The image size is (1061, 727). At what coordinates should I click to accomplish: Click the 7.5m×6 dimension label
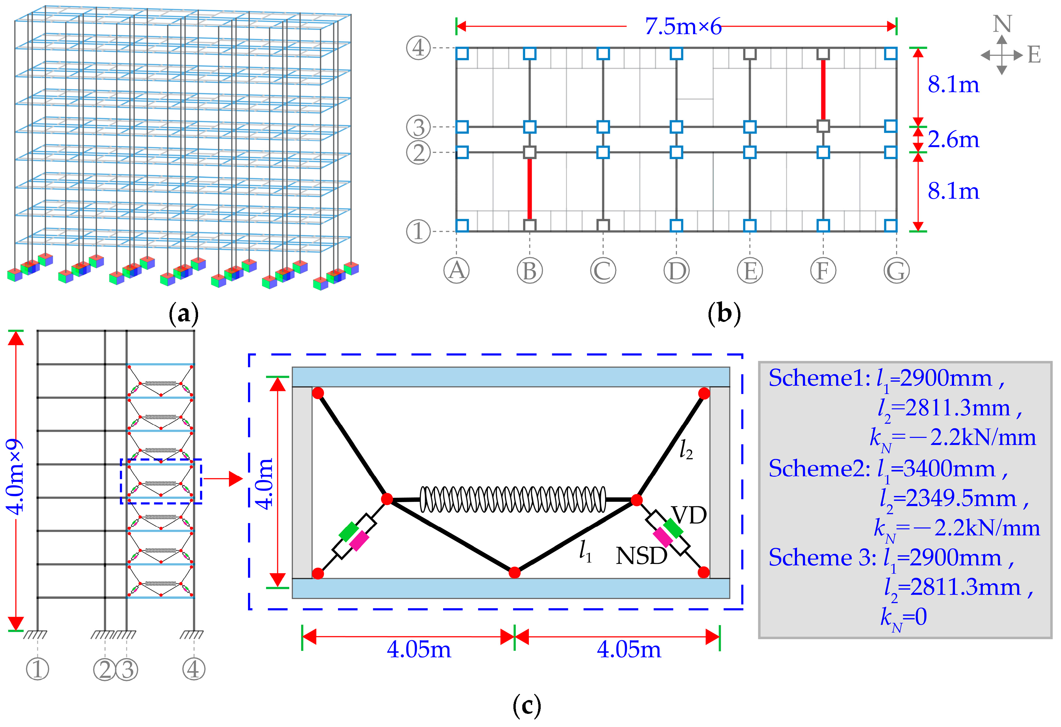683,27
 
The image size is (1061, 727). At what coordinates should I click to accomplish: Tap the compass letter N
1002,24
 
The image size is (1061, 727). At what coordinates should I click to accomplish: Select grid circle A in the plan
457,271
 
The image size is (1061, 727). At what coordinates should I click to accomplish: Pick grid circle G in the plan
896,271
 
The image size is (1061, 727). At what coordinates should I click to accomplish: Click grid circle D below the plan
676,271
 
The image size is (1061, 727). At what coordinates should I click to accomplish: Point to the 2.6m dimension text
953,139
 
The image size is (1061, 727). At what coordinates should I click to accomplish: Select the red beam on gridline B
530,189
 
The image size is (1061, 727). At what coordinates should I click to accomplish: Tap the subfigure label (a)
184,314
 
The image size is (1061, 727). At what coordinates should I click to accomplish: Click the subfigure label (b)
724,314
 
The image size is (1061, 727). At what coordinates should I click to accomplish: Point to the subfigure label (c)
526,706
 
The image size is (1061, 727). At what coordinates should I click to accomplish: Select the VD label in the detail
689,516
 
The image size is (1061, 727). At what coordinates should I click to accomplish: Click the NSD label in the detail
641,556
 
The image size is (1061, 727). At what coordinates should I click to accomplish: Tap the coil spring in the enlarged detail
513,499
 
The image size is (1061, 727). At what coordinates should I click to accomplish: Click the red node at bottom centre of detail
514,572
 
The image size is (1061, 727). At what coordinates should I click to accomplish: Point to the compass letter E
1034,55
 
